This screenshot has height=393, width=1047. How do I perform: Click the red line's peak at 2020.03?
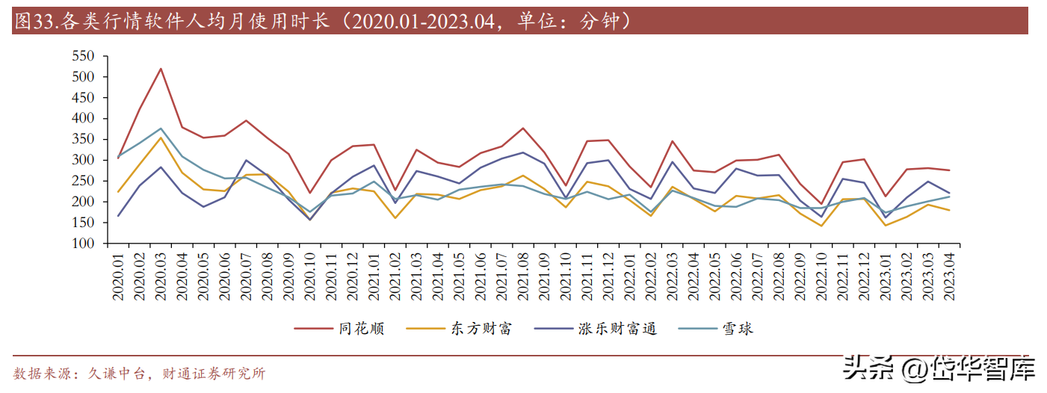click(x=161, y=69)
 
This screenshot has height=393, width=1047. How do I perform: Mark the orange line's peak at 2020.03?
click(x=161, y=137)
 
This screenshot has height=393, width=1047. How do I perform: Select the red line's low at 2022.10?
click(x=821, y=204)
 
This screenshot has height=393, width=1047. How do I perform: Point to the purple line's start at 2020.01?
click(x=118, y=216)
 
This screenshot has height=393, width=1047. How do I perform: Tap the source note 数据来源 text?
click(x=41, y=374)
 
